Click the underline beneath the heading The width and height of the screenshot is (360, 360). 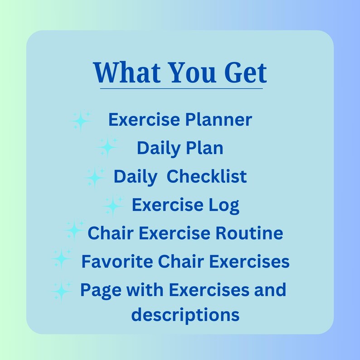(x=181, y=88)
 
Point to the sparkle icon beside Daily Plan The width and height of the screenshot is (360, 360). (x=107, y=147)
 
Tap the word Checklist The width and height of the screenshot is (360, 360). (x=207, y=176)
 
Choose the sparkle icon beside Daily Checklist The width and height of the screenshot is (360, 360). (x=94, y=177)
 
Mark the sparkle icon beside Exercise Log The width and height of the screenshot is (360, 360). (x=113, y=205)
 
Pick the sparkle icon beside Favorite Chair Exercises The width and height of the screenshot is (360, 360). (x=61, y=259)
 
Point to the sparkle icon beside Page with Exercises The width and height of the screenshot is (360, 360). (x=61, y=290)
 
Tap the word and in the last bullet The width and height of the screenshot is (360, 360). (x=269, y=289)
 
